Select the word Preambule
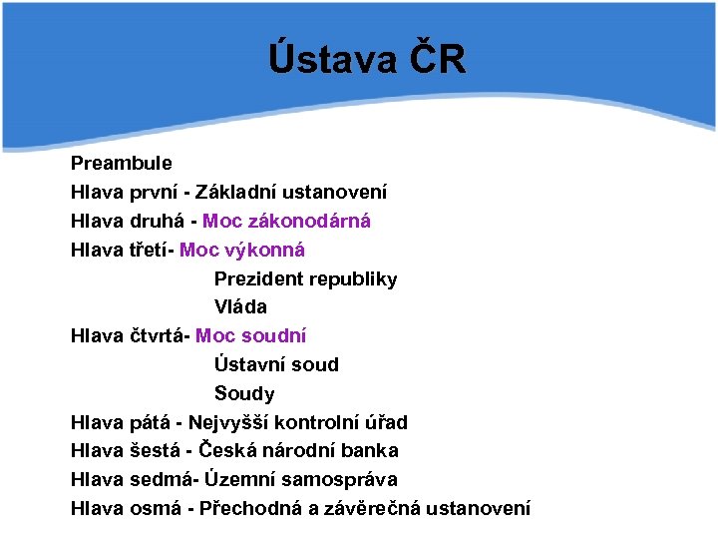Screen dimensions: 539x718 pos(121,163)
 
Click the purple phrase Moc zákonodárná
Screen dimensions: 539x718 pos(286,221)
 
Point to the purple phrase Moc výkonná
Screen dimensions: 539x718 pos(242,250)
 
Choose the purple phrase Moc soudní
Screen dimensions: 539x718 pos(251,336)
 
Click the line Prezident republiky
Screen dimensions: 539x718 pos(305,278)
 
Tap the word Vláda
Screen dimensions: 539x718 pos(240,307)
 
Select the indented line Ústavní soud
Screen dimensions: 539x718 pos(276,365)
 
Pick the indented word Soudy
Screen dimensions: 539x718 pos(244,394)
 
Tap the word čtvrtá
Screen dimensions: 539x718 pos(159,336)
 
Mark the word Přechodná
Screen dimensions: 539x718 pos(250,509)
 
